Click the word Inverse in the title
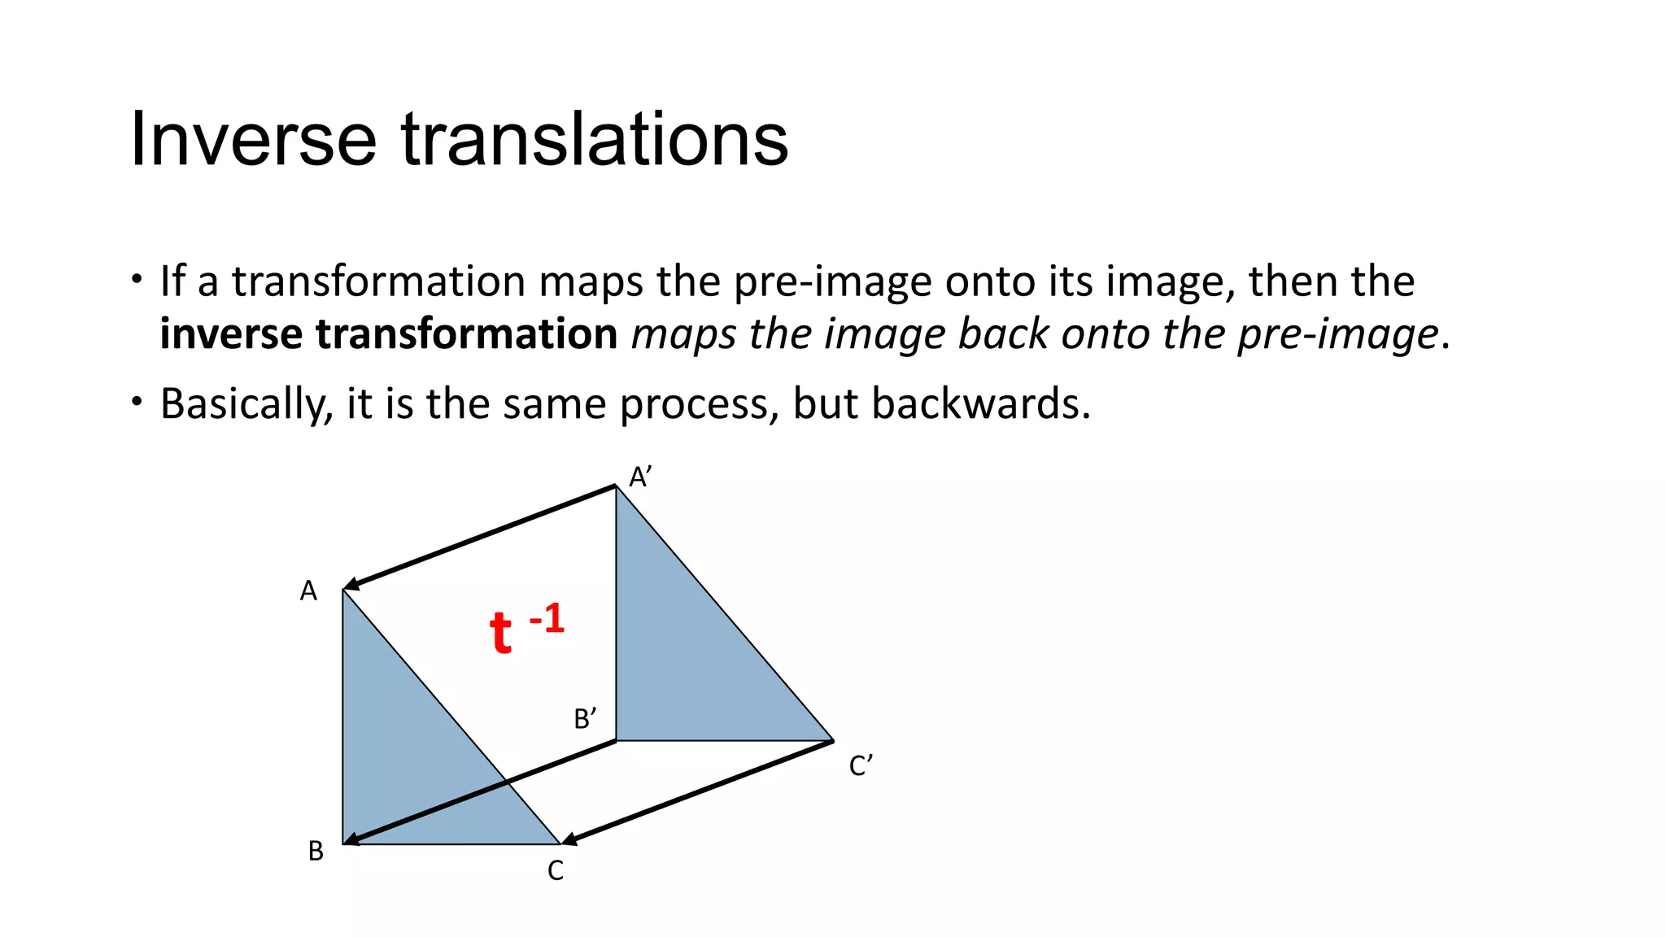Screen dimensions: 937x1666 click(x=253, y=140)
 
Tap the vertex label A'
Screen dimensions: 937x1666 click(x=640, y=477)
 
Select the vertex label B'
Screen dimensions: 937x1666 click(x=585, y=719)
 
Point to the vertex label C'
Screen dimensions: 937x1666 click(x=861, y=766)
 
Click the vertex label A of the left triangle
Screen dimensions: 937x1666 click(x=308, y=591)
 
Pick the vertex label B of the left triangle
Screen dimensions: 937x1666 click(x=316, y=852)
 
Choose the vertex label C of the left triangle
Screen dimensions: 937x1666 click(x=556, y=871)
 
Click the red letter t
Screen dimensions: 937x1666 click(x=500, y=633)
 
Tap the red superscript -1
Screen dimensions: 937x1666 click(x=547, y=620)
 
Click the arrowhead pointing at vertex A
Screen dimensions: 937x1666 click(x=352, y=584)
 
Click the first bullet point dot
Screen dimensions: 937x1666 click(x=137, y=279)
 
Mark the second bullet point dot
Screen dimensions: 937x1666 click(x=137, y=401)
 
